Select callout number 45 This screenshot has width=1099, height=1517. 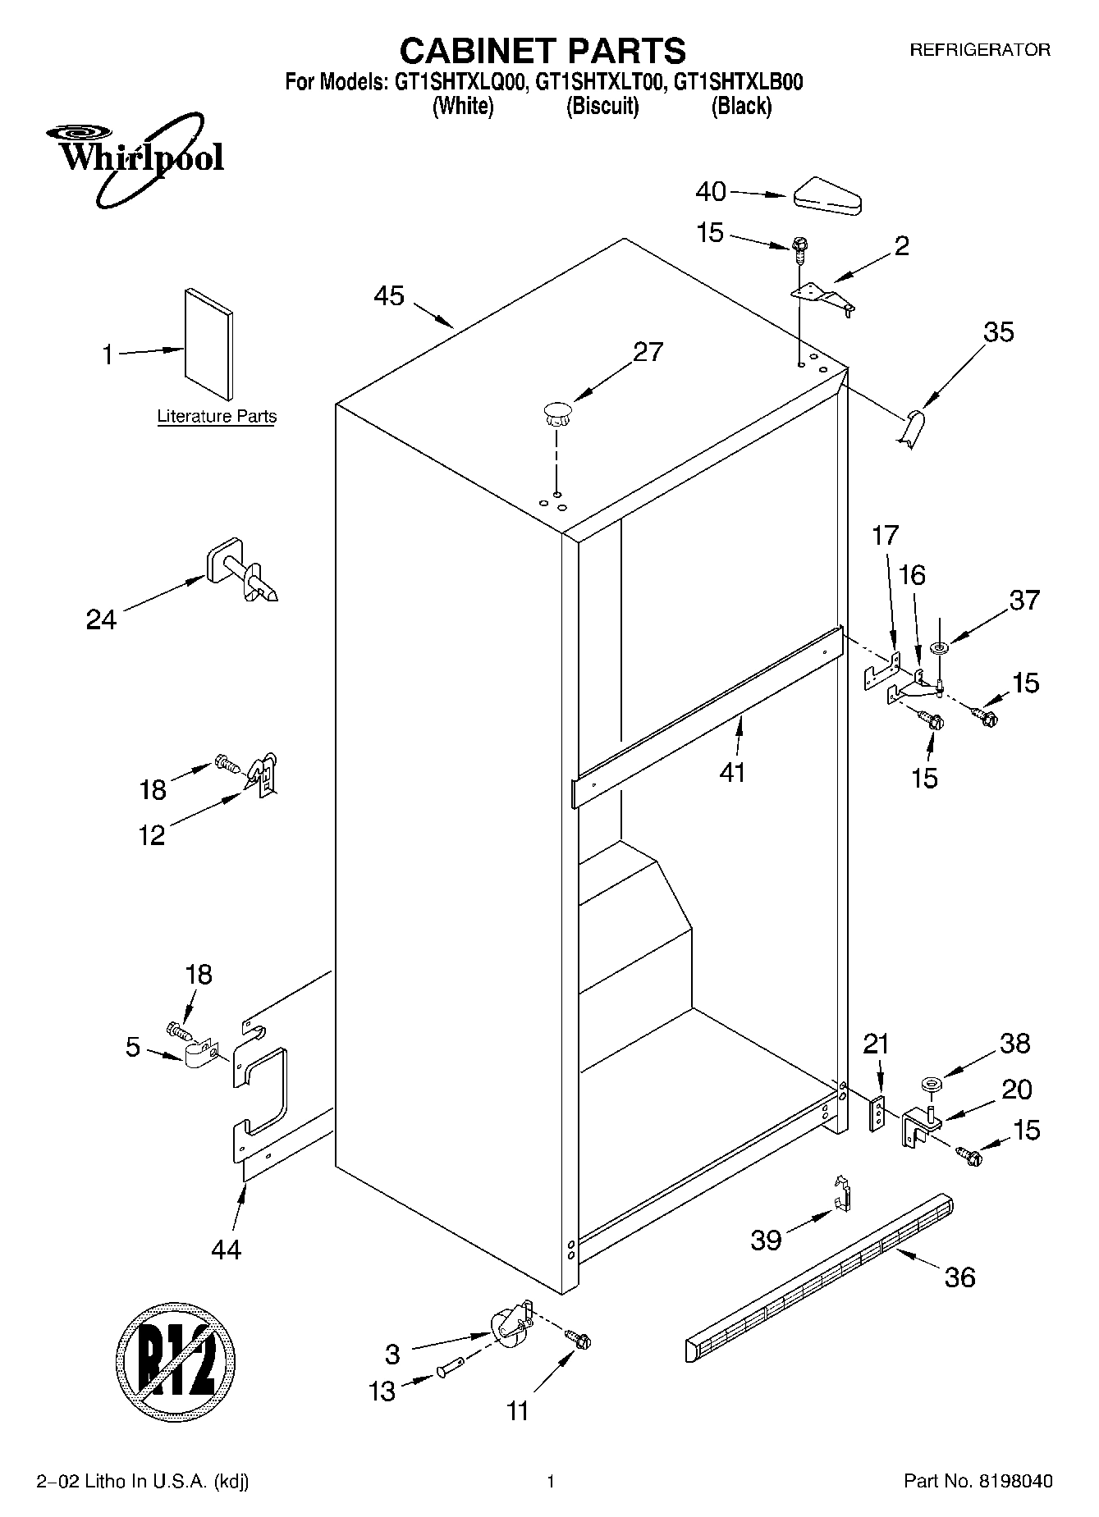click(x=389, y=295)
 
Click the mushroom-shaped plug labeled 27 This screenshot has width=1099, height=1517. click(x=556, y=412)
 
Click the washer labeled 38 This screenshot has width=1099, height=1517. click(x=931, y=1086)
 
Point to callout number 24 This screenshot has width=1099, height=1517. click(x=101, y=619)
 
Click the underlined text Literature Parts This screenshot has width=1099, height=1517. click(x=217, y=416)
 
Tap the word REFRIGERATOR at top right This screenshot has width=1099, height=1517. click(x=980, y=50)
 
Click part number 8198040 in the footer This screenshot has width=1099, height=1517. click(x=1014, y=1482)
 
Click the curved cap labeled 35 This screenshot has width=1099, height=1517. click(x=910, y=429)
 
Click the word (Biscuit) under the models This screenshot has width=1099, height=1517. click(x=602, y=106)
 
